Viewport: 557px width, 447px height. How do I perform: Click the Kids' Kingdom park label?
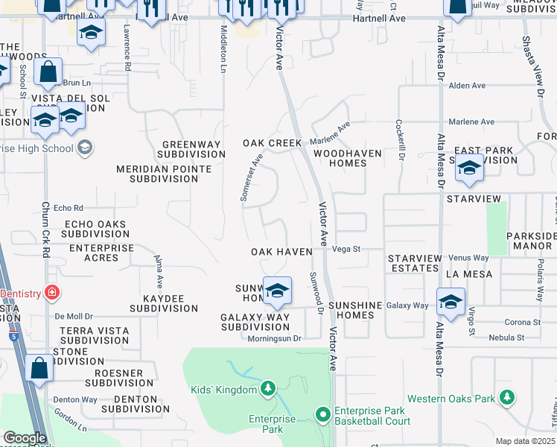pos(223,389)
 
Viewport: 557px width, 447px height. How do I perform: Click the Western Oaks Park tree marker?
pos(507,399)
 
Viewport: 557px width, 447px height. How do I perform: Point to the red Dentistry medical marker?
pos(51,294)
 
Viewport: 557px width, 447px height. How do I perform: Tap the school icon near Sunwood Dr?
pos(276,291)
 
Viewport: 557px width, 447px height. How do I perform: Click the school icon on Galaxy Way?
pos(451,302)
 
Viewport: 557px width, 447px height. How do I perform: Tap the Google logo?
pos(25,438)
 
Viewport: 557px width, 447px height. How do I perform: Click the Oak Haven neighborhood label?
pos(281,253)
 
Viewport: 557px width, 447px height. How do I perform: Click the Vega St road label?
pos(346,250)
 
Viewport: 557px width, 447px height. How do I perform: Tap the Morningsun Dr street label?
pos(274,337)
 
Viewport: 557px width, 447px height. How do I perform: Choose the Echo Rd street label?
pos(69,208)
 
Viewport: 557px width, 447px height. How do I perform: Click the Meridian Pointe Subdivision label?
pos(163,174)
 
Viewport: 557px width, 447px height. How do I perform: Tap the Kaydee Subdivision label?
pos(163,303)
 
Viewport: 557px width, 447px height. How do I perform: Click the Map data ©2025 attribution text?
pos(525,441)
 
